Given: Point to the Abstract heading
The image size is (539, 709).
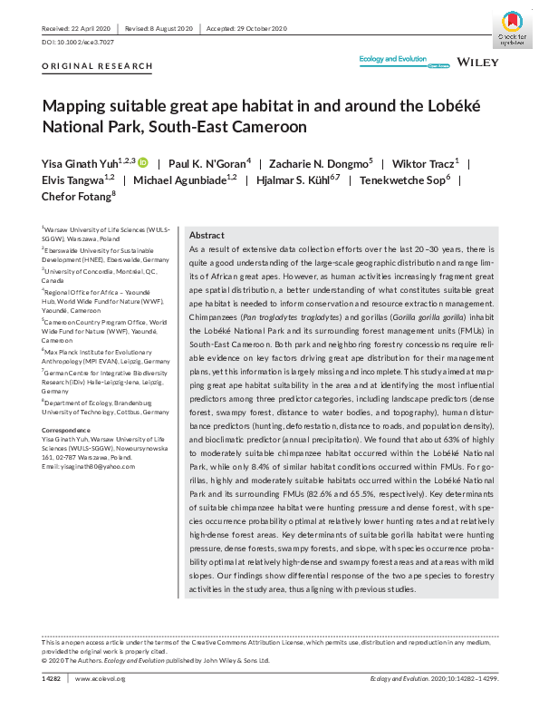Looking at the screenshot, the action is (x=207, y=234).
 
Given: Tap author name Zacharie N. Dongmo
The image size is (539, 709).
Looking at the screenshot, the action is (x=306, y=163).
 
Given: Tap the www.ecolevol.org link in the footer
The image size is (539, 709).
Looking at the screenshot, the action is (x=100, y=678).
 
